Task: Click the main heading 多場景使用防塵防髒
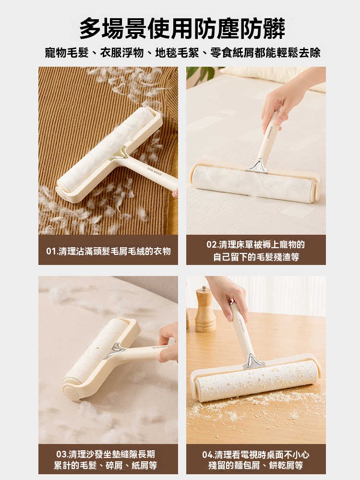(x=182, y=28)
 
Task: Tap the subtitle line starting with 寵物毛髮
(x=183, y=53)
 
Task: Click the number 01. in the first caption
(x=52, y=252)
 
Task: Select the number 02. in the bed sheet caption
(x=213, y=245)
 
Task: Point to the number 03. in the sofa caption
(x=62, y=454)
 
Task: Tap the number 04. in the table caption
(x=208, y=455)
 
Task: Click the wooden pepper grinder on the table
(x=205, y=309)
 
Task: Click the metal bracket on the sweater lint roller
(x=120, y=153)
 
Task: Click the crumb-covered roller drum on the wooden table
(x=255, y=381)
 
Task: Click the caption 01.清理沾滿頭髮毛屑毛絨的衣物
(x=108, y=252)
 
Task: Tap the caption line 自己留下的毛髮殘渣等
(x=256, y=257)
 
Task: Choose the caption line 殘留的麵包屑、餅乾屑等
(x=256, y=466)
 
